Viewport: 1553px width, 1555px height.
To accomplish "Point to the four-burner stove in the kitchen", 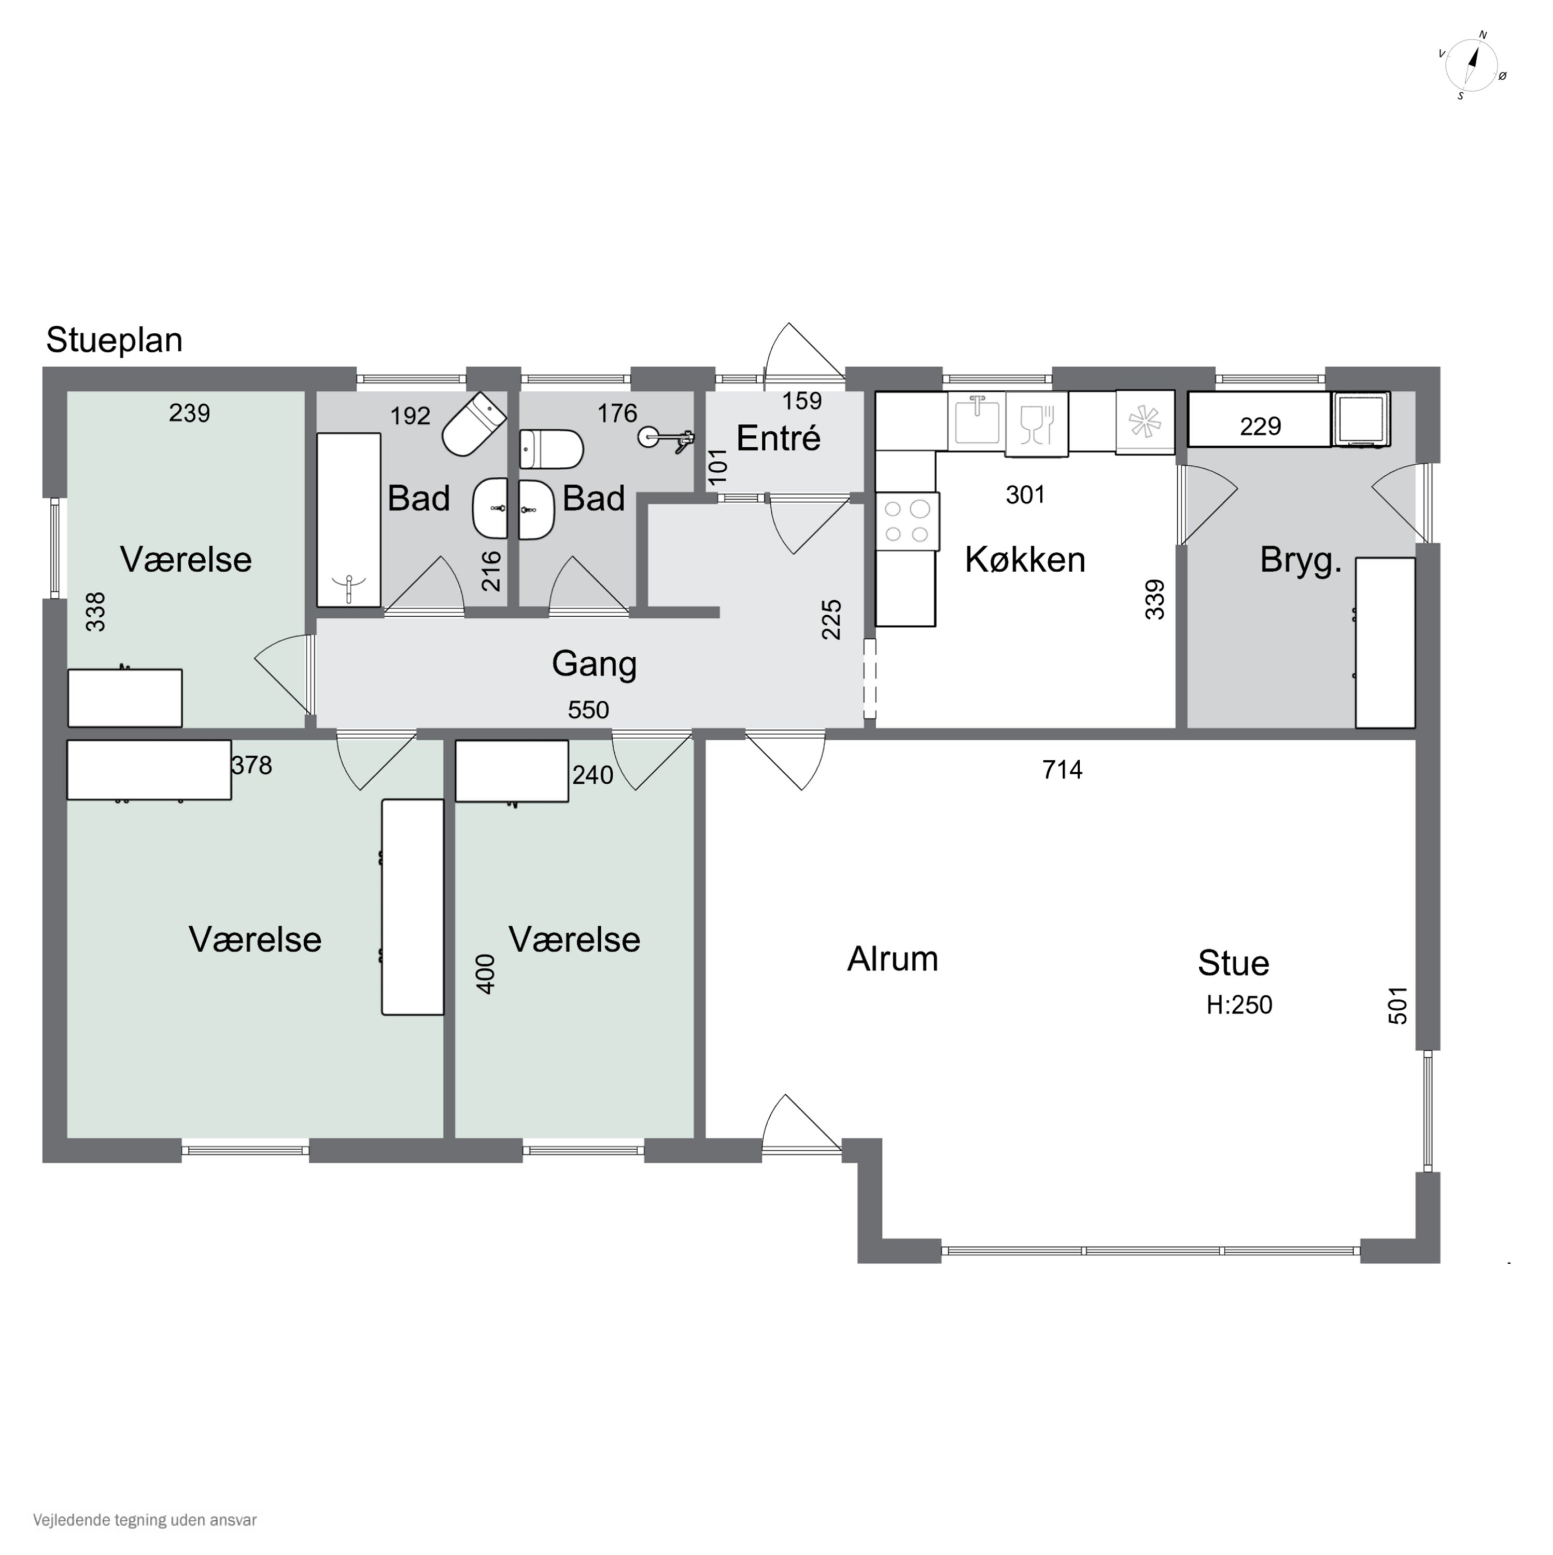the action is tap(907, 521).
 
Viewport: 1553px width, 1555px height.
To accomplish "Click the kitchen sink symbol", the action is tap(978, 421).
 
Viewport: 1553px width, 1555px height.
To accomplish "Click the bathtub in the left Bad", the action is tap(349, 520).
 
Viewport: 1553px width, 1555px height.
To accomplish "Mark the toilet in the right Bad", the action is tap(550, 449).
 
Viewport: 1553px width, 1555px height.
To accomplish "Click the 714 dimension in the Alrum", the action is tap(1063, 770).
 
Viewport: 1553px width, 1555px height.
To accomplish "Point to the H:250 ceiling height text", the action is tap(1239, 1005).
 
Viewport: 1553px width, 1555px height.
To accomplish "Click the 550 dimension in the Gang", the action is tap(588, 710).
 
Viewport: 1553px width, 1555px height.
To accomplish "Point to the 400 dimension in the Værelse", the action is tap(486, 974).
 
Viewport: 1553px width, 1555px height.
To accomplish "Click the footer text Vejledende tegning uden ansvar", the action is tap(145, 1520).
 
